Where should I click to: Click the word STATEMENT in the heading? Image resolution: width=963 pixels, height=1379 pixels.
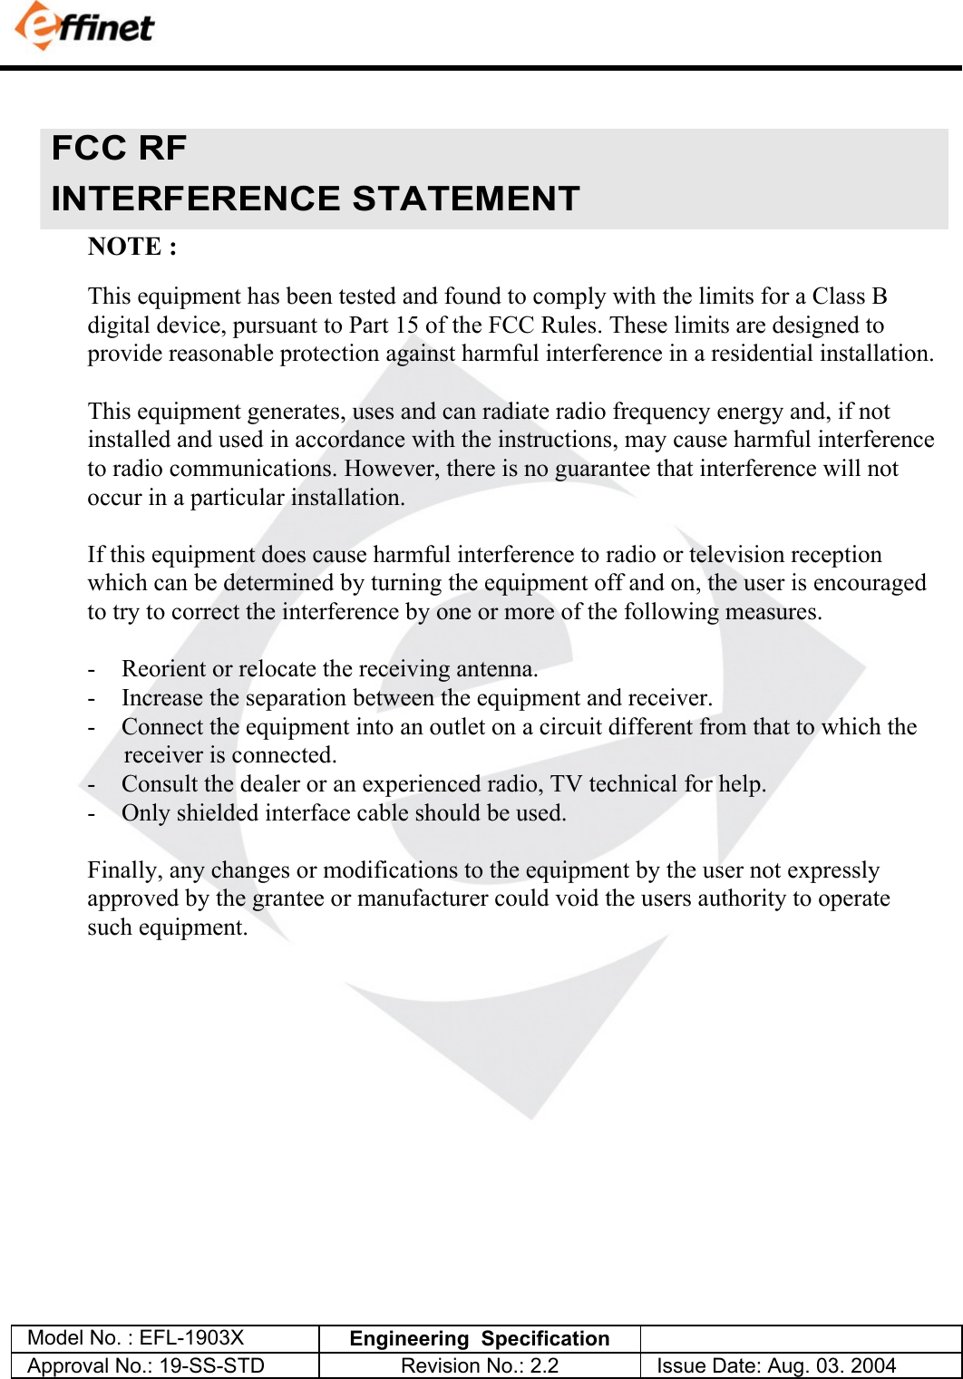click(465, 199)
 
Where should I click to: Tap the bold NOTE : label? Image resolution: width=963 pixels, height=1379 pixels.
click(131, 247)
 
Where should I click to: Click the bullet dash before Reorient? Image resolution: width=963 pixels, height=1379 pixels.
click(92, 669)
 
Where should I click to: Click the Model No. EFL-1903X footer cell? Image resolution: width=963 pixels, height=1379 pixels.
click(137, 1338)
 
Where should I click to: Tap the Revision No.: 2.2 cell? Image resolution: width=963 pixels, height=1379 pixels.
click(480, 1365)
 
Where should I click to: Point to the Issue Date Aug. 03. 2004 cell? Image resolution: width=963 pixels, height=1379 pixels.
click(776, 1365)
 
